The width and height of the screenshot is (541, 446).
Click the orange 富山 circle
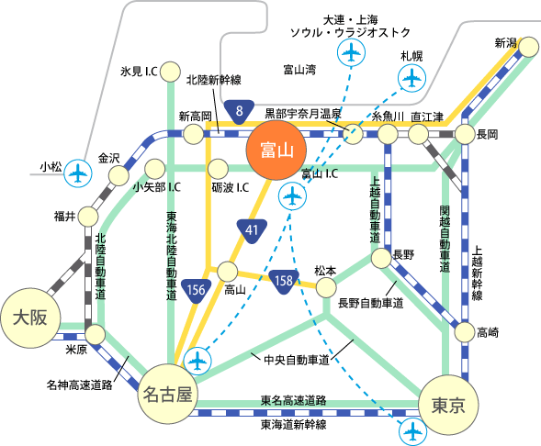[276, 151]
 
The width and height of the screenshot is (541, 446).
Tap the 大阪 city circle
[30, 318]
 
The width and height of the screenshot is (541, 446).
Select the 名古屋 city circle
[168, 395]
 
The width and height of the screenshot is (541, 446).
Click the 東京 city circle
[448, 405]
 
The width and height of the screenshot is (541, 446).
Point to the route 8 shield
[239, 112]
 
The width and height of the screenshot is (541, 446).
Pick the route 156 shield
[196, 291]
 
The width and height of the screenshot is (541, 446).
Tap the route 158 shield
[284, 282]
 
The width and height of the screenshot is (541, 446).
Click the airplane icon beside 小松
[78, 173]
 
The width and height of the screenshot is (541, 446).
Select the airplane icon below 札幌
[411, 78]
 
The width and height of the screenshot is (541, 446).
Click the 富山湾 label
[299, 70]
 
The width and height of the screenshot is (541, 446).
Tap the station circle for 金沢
[118, 175]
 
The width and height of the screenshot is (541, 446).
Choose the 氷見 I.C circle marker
[170, 72]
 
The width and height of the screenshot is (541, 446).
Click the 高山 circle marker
[228, 272]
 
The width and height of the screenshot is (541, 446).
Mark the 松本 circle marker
[326, 287]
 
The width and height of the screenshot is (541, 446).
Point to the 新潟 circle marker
[528, 47]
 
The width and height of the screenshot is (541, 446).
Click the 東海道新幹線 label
[293, 425]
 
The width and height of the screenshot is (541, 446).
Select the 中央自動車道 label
[297, 360]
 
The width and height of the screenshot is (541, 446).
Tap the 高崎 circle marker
[465, 332]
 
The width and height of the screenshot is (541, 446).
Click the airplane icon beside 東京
[412, 431]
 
